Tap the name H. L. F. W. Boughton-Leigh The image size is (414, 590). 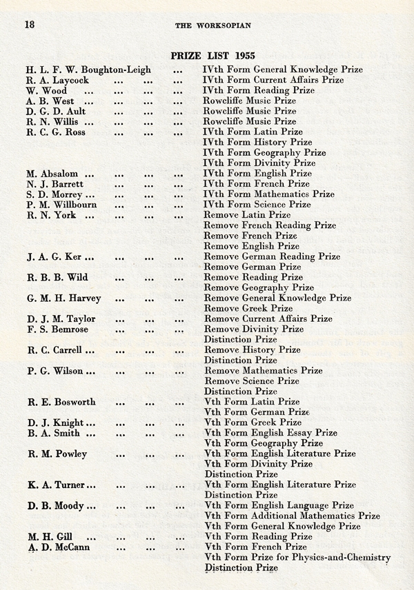[x=89, y=70]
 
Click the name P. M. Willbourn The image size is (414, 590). [x=62, y=205]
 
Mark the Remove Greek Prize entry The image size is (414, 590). [x=248, y=308]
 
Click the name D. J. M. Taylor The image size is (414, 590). [x=61, y=319]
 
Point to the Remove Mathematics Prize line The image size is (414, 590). [x=263, y=371]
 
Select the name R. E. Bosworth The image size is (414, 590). [x=61, y=402]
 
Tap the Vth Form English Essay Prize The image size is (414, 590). [x=270, y=433]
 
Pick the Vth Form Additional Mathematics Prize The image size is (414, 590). [x=292, y=516]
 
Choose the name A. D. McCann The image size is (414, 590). [x=59, y=547]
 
